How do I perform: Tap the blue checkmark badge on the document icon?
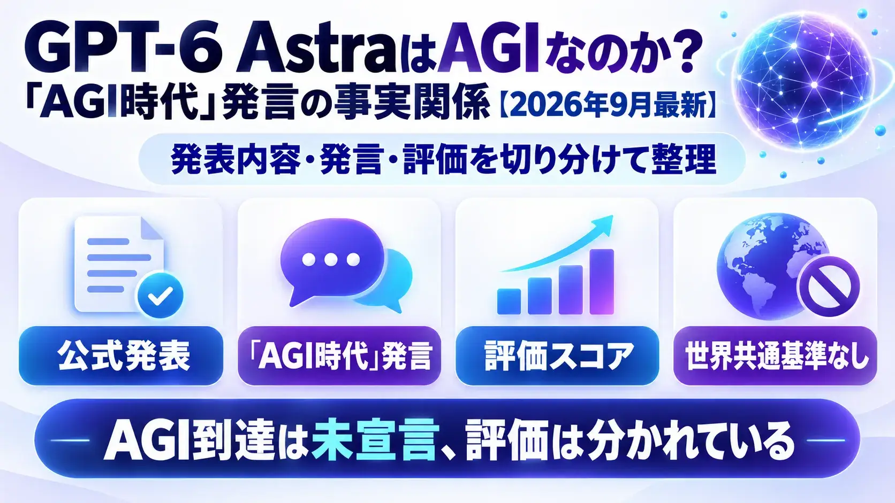[160, 295]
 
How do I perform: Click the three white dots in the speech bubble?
[331, 260]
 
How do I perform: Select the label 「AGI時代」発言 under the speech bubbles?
[339, 356]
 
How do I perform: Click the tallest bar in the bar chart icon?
[602, 282]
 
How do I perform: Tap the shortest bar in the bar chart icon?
[509, 301]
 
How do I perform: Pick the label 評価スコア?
[557, 356]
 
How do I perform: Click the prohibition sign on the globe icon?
[828, 287]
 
